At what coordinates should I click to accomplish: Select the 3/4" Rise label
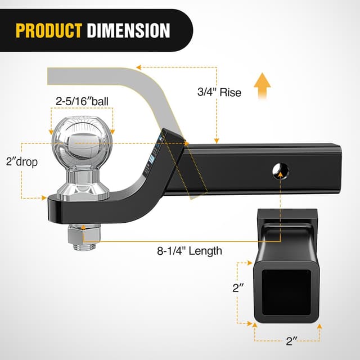point(220,92)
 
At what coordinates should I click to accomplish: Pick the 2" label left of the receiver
point(238,289)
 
